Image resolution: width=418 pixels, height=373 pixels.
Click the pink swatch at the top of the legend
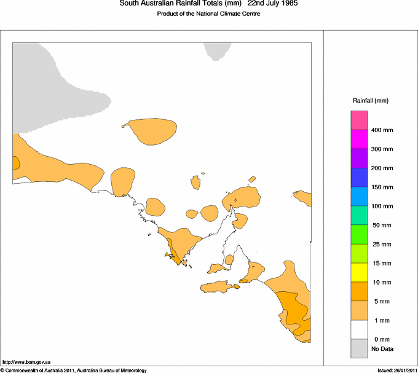click(359, 120)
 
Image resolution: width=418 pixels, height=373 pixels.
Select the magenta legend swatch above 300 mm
click(359, 139)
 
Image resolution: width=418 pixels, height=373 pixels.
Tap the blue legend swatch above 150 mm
click(359, 177)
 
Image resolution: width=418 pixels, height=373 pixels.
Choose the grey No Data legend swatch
click(359, 348)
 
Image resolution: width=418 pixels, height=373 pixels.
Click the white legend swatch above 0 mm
click(359, 329)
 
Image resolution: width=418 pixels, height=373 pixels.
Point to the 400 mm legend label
click(382, 130)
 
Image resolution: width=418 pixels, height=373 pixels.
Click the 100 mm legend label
click(382, 206)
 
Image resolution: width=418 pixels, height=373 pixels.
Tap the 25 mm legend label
click(382, 245)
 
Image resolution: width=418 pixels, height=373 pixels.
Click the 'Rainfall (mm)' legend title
click(371, 100)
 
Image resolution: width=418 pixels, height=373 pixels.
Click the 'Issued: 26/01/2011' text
click(397, 370)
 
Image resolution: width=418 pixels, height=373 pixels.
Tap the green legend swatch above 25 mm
click(359, 234)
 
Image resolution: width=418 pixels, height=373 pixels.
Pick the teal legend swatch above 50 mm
click(359, 215)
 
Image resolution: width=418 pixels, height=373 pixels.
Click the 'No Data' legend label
click(382, 349)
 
